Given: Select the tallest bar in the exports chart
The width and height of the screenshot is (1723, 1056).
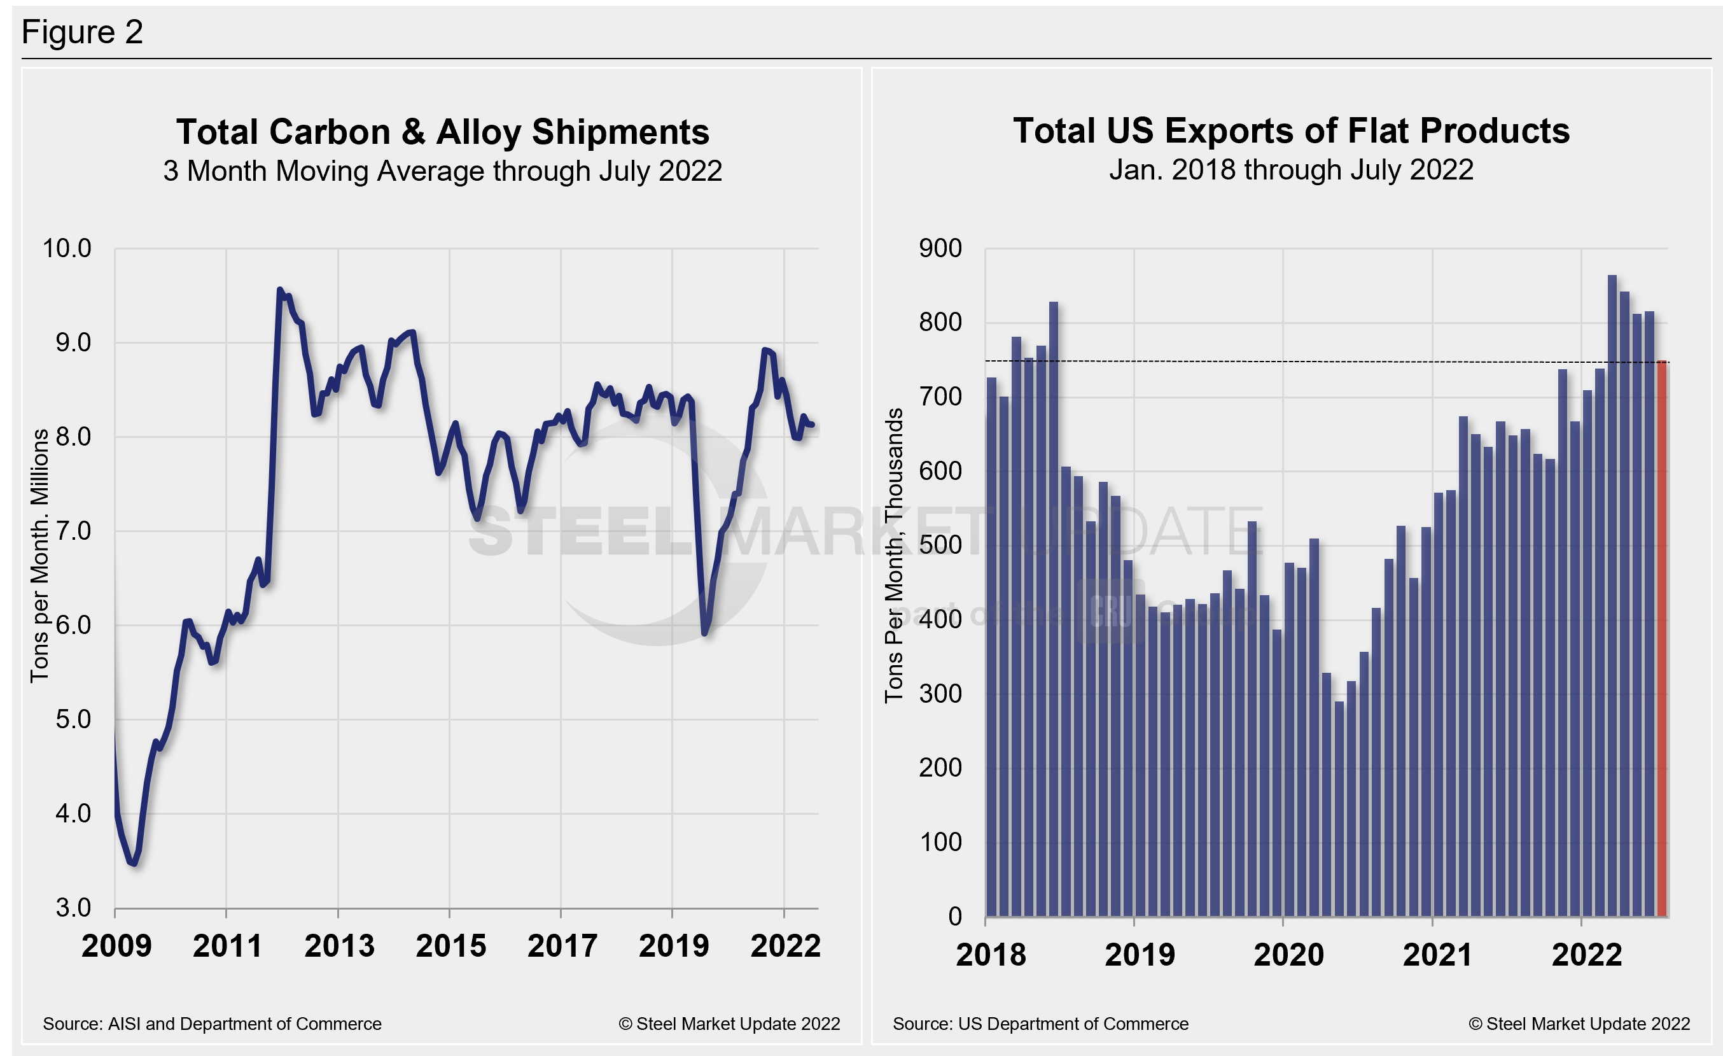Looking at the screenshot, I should click(x=1612, y=595).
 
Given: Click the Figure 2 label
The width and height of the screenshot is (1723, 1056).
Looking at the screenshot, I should click(x=82, y=32).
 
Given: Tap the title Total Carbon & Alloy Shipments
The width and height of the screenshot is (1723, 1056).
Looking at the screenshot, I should click(x=442, y=132).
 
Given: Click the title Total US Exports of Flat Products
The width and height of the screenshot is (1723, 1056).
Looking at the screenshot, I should click(x=1291, y=130).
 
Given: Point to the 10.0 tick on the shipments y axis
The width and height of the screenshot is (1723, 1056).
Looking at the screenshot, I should click(x=67, y=248).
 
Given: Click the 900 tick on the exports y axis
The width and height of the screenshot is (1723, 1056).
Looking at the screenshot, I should click(x=940, y=248).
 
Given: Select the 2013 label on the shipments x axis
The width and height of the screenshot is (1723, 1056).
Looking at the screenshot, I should click(x=339, y=945).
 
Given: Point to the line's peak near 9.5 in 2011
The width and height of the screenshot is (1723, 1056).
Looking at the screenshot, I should click(x=280, y=290).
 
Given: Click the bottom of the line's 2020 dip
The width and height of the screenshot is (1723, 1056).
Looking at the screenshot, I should click(x=704, y=633).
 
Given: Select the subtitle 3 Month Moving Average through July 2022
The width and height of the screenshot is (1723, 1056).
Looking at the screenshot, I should click(x=442, y=171).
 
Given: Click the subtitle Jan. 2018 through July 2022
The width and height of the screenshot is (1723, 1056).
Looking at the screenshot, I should click(x=1291, y=170).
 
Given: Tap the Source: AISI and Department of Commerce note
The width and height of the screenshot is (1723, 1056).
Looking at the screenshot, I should click(x=212, y=1024).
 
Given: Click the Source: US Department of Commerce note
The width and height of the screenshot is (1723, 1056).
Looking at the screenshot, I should click(x=1040, y=1024).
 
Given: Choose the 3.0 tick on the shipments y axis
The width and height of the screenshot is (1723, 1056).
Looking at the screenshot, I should click(x=73, y=908).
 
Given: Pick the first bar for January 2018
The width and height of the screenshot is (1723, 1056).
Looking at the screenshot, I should click(x=991, y=647).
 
